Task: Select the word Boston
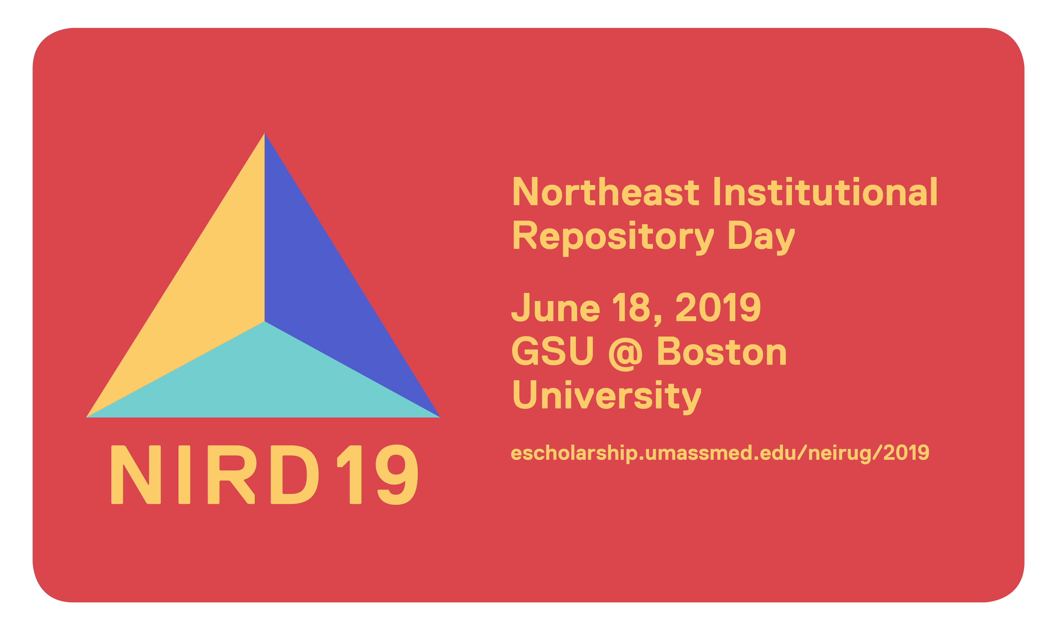coord(722,351)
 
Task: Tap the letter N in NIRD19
coord(136,474)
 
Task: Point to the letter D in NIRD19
coord(295,474)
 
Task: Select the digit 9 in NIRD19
coord(397,474)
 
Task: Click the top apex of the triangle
coord(265,133)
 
